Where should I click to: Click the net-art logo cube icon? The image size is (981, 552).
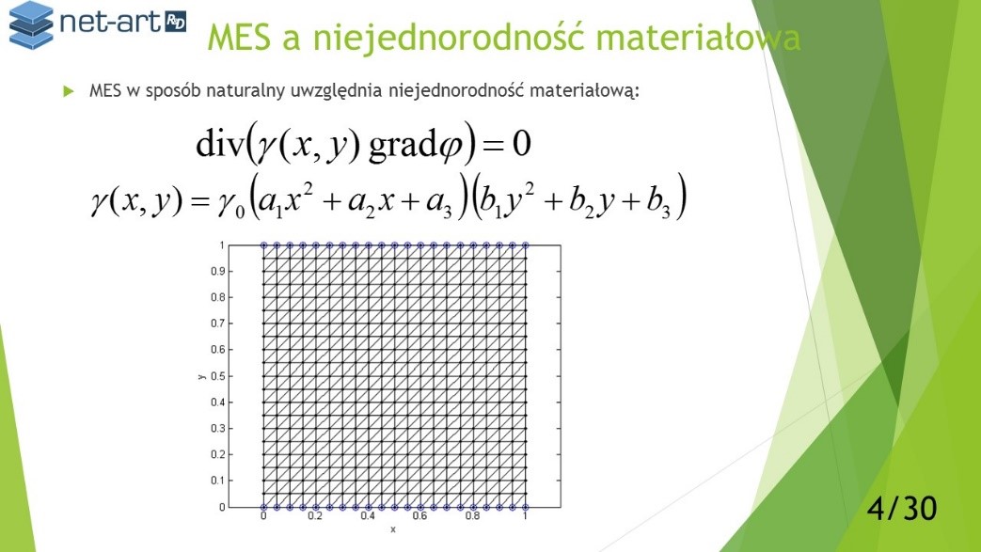tap(31, 25)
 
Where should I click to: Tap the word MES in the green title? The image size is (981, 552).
tap(239, 37)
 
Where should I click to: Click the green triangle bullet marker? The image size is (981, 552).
tap(69, 91)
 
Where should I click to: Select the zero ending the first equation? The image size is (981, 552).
tap(522, 143)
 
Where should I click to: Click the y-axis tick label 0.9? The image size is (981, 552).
tap(217, 271)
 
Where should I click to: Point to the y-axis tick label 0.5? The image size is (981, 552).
tap(217, 376)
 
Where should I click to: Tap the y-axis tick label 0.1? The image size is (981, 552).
tap(217, 481)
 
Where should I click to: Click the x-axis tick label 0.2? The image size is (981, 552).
tap(315, 515)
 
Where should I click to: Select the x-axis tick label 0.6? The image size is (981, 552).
tap(419, 515)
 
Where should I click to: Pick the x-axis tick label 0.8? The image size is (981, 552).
tap(472, 515)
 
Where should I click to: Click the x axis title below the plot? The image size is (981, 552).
tap(393, 529)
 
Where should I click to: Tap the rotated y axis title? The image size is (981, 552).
tap(201, 377)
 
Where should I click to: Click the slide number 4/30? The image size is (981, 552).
tap(902, 508)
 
